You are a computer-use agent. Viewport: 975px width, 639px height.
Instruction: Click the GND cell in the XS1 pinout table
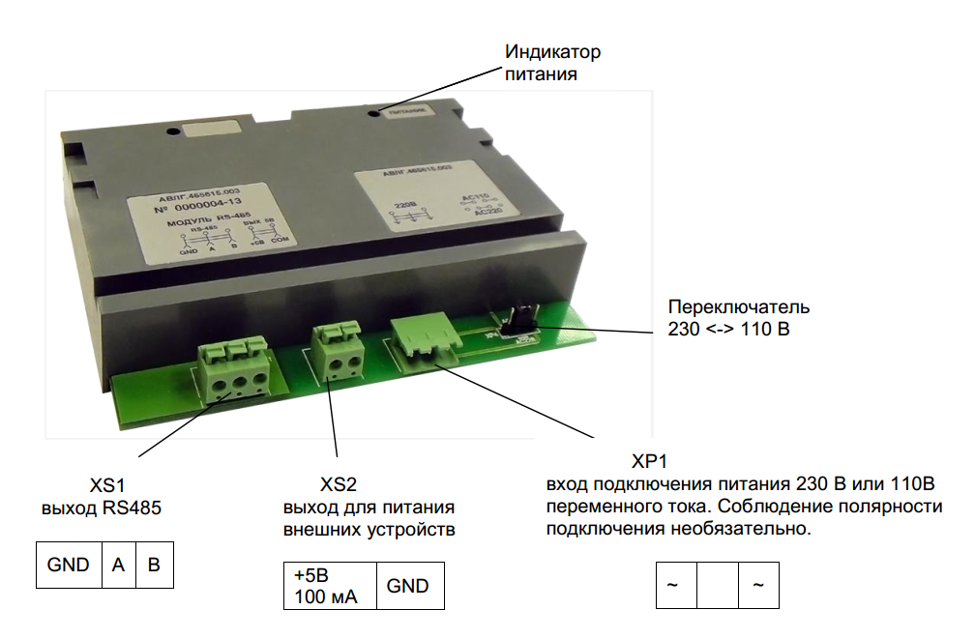(69, 566)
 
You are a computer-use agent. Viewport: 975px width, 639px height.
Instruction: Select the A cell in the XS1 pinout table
(118, 566)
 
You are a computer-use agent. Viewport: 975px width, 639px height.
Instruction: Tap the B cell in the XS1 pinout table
(154, 566)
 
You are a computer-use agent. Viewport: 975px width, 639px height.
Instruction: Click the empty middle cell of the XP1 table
(717, 586)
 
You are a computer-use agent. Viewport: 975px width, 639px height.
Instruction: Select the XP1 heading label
(650, 460)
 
